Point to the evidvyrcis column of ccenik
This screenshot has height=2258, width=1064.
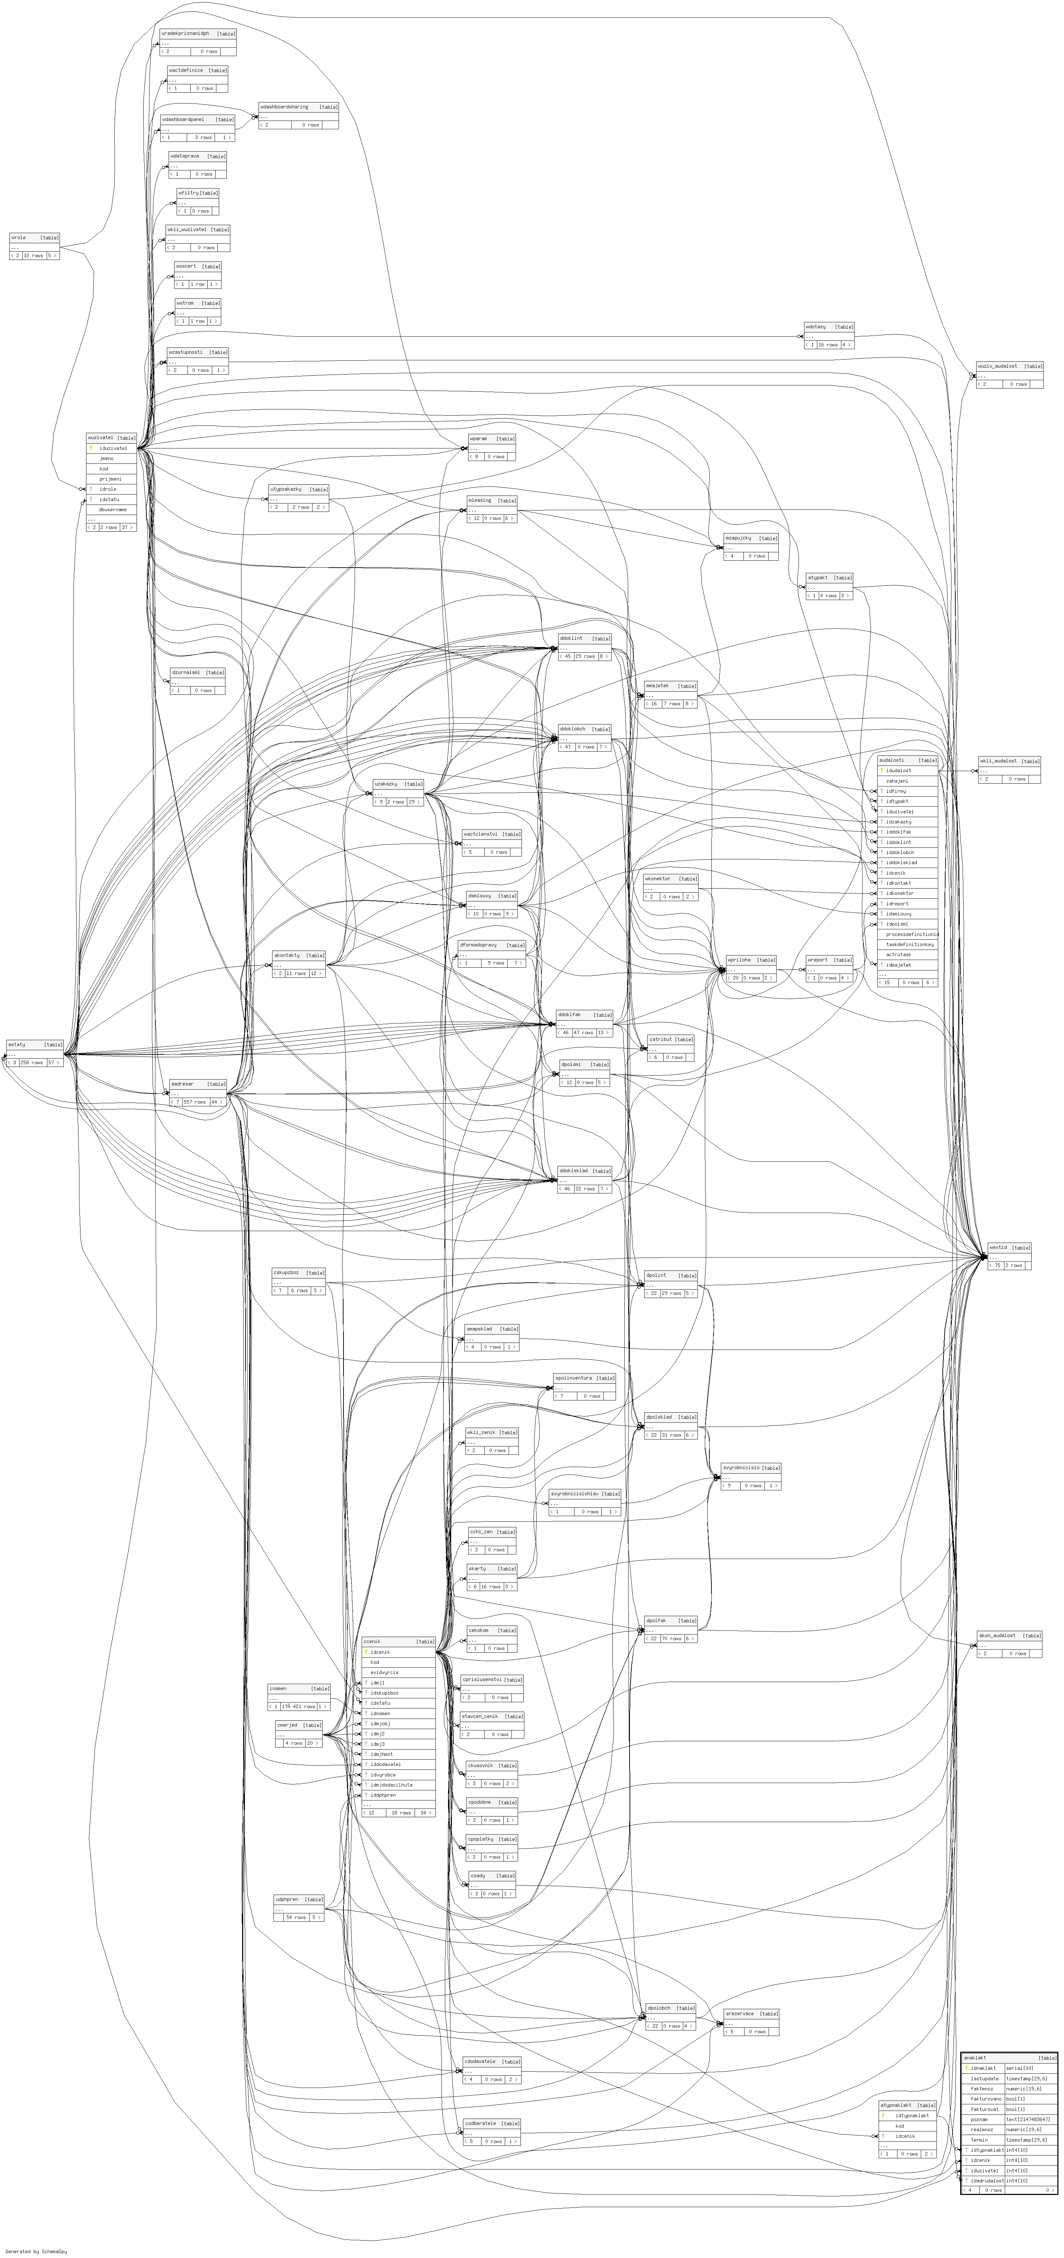(384, 1673)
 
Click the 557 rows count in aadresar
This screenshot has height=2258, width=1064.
(194, 1102)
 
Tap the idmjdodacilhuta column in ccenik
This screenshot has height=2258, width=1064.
(391, 1785)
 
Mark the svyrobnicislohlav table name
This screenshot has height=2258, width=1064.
(585, 1493)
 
